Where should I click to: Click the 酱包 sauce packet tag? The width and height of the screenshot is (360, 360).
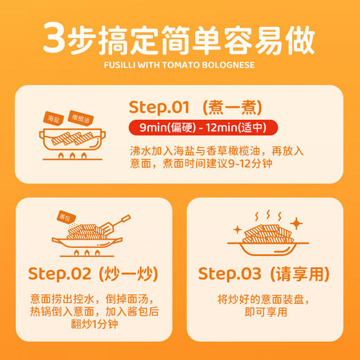[66, 216]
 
